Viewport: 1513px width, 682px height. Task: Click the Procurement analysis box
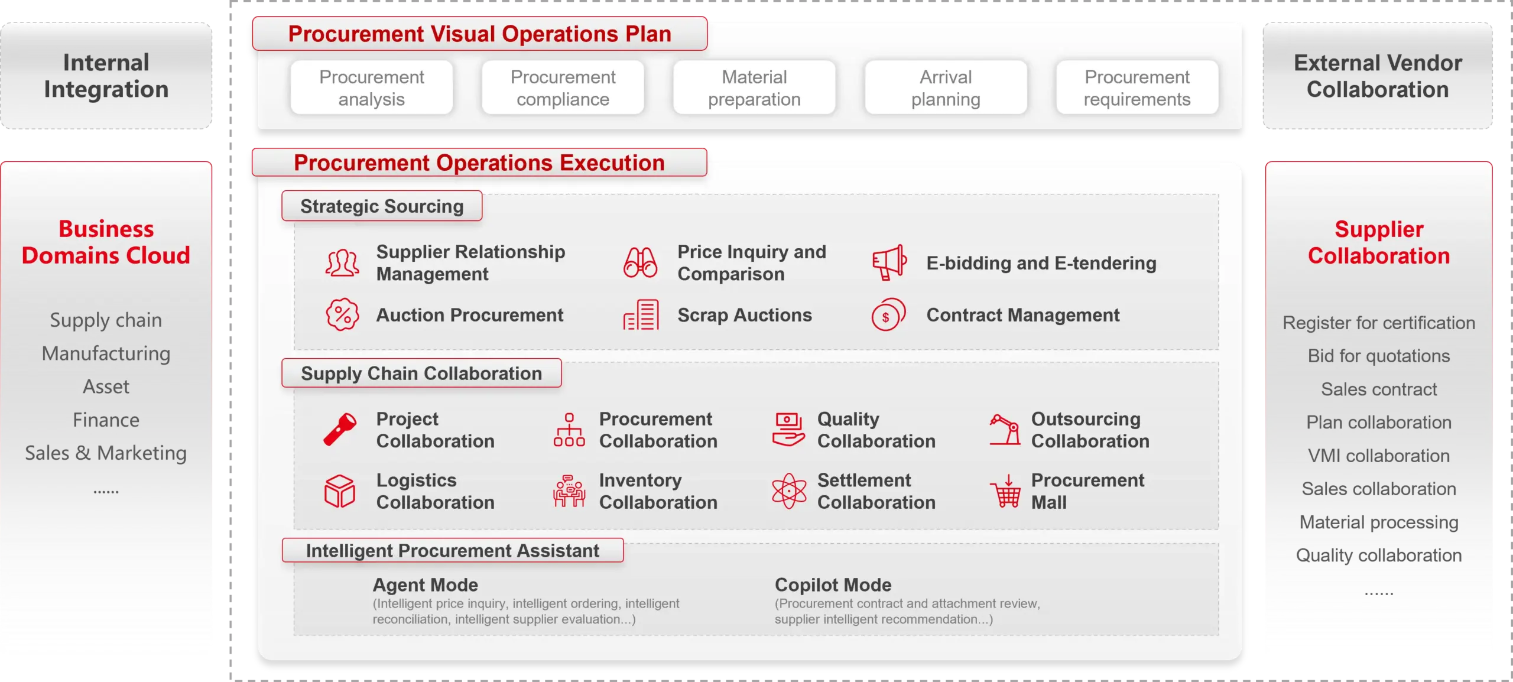pyautogui.click(x=371, y=87)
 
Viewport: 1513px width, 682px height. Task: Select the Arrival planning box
pyautogui.click(x=946, y=87)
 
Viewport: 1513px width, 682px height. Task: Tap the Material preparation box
pyautogui.click(x=754, y=87)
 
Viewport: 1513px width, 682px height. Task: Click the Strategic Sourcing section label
pyautogui.click(x=382, y=206)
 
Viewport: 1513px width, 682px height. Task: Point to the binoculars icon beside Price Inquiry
pyautogui.click(x=640, y=262)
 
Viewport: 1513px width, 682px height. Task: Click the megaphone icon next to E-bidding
pyautogui.click(x=888, y=262)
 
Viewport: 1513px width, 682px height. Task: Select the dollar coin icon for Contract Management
pyautogui.click(x=888, y=315)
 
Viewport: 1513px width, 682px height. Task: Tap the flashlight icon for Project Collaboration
pyautogui.click(x=340, y=429)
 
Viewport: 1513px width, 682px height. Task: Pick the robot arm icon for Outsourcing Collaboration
pyautogui.click(x=1005, y=429)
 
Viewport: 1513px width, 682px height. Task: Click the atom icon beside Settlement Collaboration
pyautogui.click(x=789, y=491)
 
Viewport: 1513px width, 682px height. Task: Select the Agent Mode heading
pyautogui.click(x=425, y=584)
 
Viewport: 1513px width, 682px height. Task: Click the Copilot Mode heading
pyautogui.click(x=833, y=584)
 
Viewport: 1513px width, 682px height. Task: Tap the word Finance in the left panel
pyautogui.click(x=106, y=420)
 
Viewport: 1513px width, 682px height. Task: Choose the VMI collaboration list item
pyautogui.click(x=1378, y=456)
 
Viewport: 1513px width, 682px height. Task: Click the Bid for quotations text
pyautogui.click(x=1378, y=356)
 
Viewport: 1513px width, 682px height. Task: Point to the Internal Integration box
pyautogui.click(x=106, y=76)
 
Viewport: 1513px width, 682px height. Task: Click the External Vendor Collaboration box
pyautogui.click(x=1378, y=76)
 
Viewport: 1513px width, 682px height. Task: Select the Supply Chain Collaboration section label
pyautogui.click(x=421, y=374)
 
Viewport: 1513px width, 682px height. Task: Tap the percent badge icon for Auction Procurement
pyautogui.click(x=342, y=314)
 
